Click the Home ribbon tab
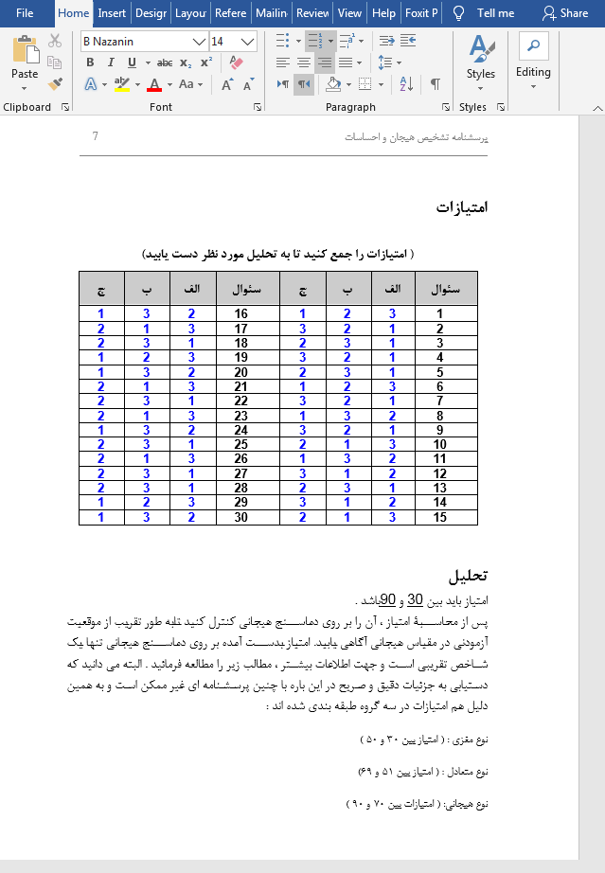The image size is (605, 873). coord(73,13)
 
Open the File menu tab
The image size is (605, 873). coord(25,13)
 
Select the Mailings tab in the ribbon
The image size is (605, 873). coord(272,13)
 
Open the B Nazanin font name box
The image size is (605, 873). coord(142,42)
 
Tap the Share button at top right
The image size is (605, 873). coord(564,13)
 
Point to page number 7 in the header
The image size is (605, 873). coord(96,136)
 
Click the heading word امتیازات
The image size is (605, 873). coord(462,207)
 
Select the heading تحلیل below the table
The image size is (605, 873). coord(468,576)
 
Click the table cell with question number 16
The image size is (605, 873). coord(240,314)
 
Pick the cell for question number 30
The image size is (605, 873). coord(240,517)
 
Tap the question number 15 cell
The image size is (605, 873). coord(439,517)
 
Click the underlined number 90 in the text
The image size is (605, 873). coord(387,599)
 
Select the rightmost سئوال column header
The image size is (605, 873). coord(445,288)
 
